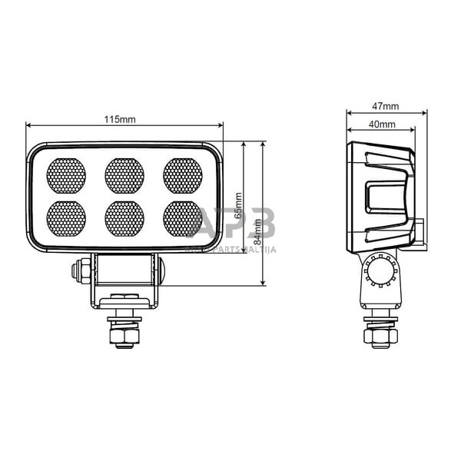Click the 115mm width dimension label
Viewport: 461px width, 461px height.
coord(124,119)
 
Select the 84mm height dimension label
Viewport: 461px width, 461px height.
coord(258,230)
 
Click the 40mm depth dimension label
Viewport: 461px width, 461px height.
coord(382,124)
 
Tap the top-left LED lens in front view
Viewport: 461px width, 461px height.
coord(66,176)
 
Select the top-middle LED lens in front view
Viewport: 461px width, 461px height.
coord(124,176)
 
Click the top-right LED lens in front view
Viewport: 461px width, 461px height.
coord(183,176)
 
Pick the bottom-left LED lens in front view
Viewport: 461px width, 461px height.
coord(66,218)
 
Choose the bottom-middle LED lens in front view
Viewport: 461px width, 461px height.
coord(124,218)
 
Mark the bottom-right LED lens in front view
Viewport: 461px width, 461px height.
coord(183,218)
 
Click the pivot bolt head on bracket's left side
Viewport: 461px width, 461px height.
coord(77,270)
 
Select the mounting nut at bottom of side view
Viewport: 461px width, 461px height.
coord(382,335)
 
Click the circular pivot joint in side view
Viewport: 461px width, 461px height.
coord(381,270)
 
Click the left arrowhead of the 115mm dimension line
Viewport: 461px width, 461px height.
coord(29,126)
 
